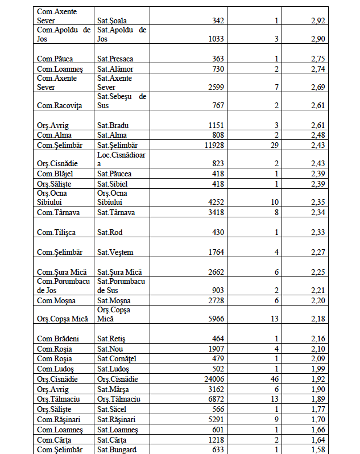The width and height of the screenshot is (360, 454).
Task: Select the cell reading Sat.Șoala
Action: click(112, 21)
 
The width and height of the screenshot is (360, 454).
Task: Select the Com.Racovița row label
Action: click(59, 105)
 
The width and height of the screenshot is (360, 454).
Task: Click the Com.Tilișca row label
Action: click(56, 233)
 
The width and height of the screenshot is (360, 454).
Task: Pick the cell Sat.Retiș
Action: click(111, 339)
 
